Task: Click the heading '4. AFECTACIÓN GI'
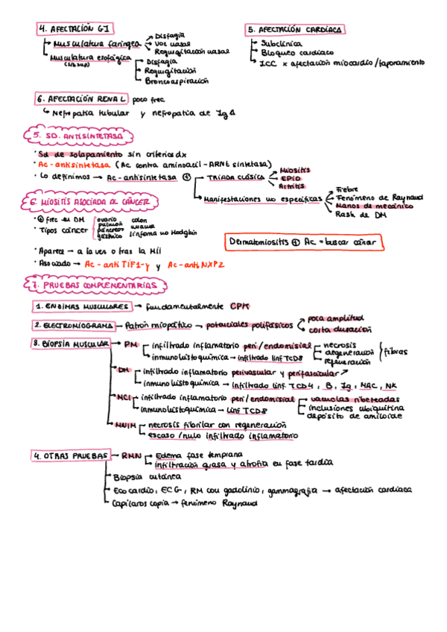(x=76, y=28)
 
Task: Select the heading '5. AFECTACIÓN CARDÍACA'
(x=296, y=30)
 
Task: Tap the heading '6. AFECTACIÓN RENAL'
(x=86, y=98)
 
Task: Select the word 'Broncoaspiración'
(x=176, y=80)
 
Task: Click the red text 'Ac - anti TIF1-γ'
(x=117, y=265)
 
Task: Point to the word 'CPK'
(x=239, y=306)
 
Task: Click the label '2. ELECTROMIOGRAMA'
(x=73, y=326)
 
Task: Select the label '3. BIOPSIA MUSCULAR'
(x=71, y=343)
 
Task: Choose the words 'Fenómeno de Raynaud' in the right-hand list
(x=379, y=197)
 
